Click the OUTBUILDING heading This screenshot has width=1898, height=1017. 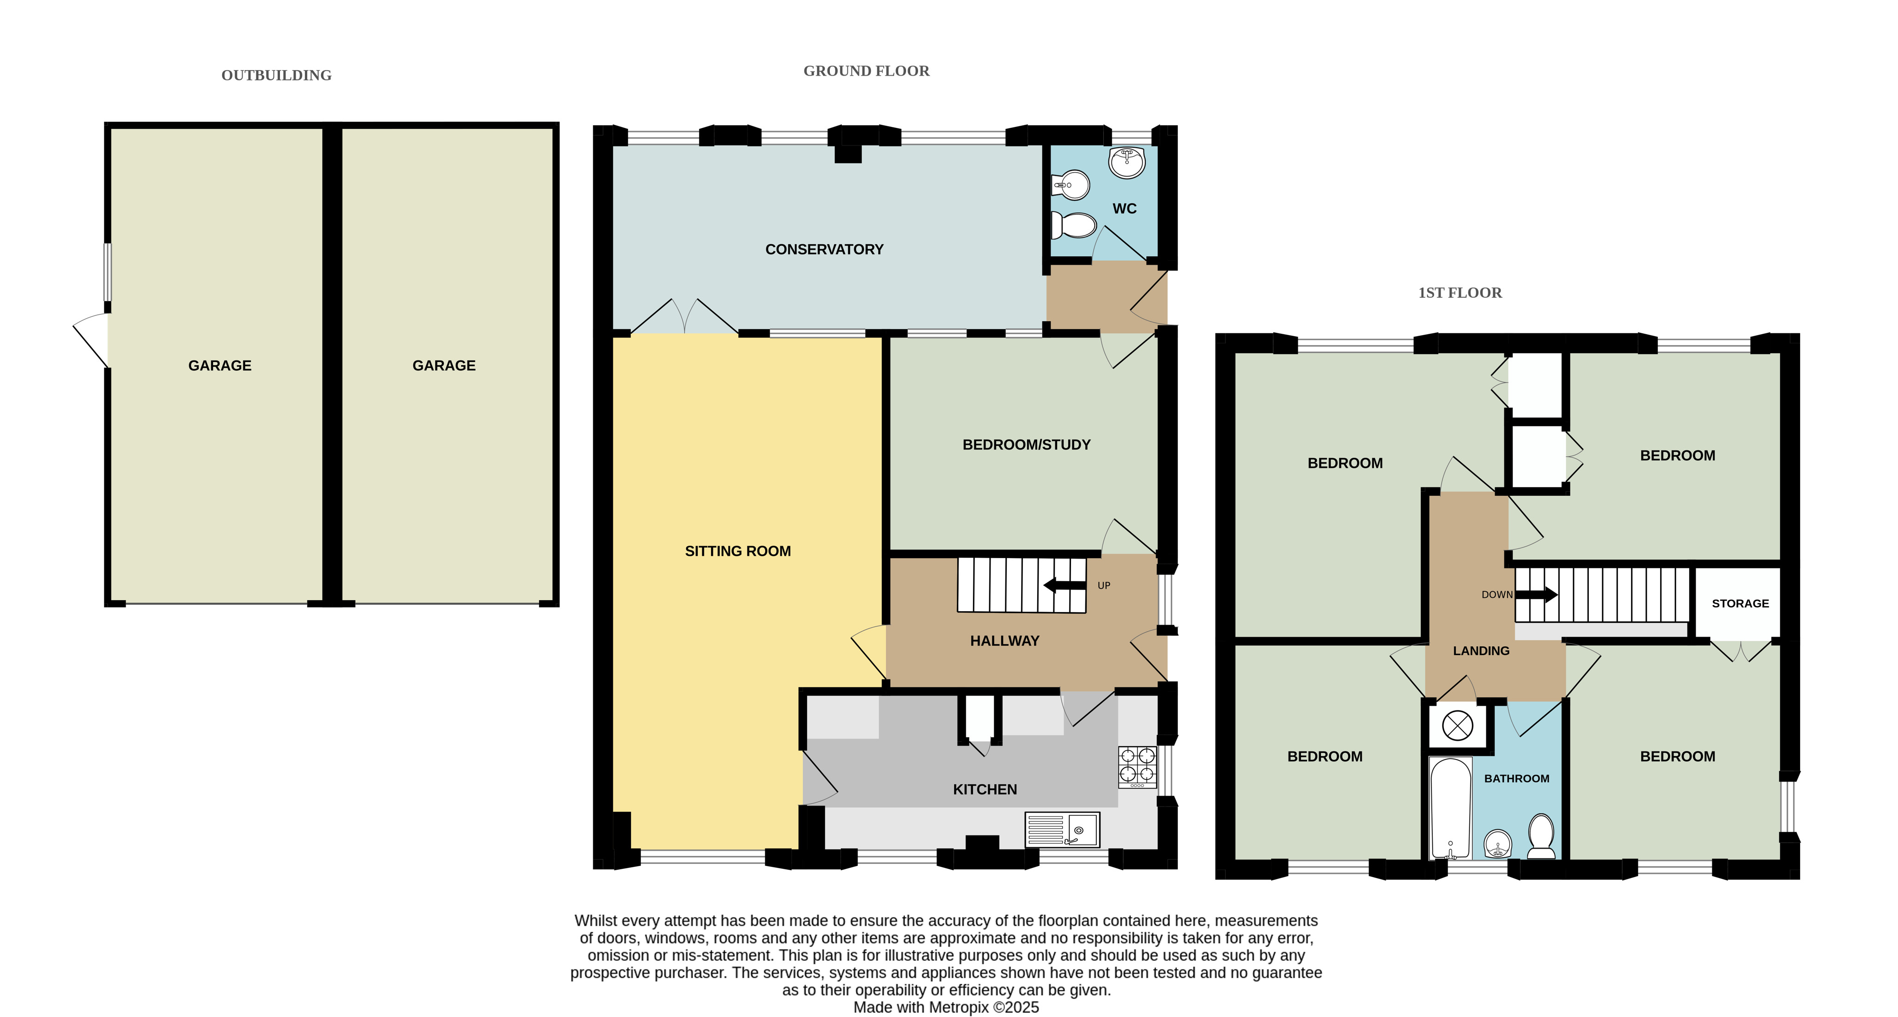point(276,75)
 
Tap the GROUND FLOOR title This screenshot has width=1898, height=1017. point(866,71)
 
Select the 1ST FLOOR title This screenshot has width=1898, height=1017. point(1460,292)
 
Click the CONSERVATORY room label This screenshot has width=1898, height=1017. point(824,249)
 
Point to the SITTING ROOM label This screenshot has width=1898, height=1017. point(737,551)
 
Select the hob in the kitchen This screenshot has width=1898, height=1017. point(1137,767)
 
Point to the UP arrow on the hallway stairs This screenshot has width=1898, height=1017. point(1065,585)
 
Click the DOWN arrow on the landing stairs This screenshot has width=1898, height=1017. point(1536,594)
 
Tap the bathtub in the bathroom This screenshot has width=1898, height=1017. point(1450,808)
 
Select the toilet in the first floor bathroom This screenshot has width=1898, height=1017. point(1541,836)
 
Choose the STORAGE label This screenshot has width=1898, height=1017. point(1740,603)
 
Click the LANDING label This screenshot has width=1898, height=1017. point(1481,651)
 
